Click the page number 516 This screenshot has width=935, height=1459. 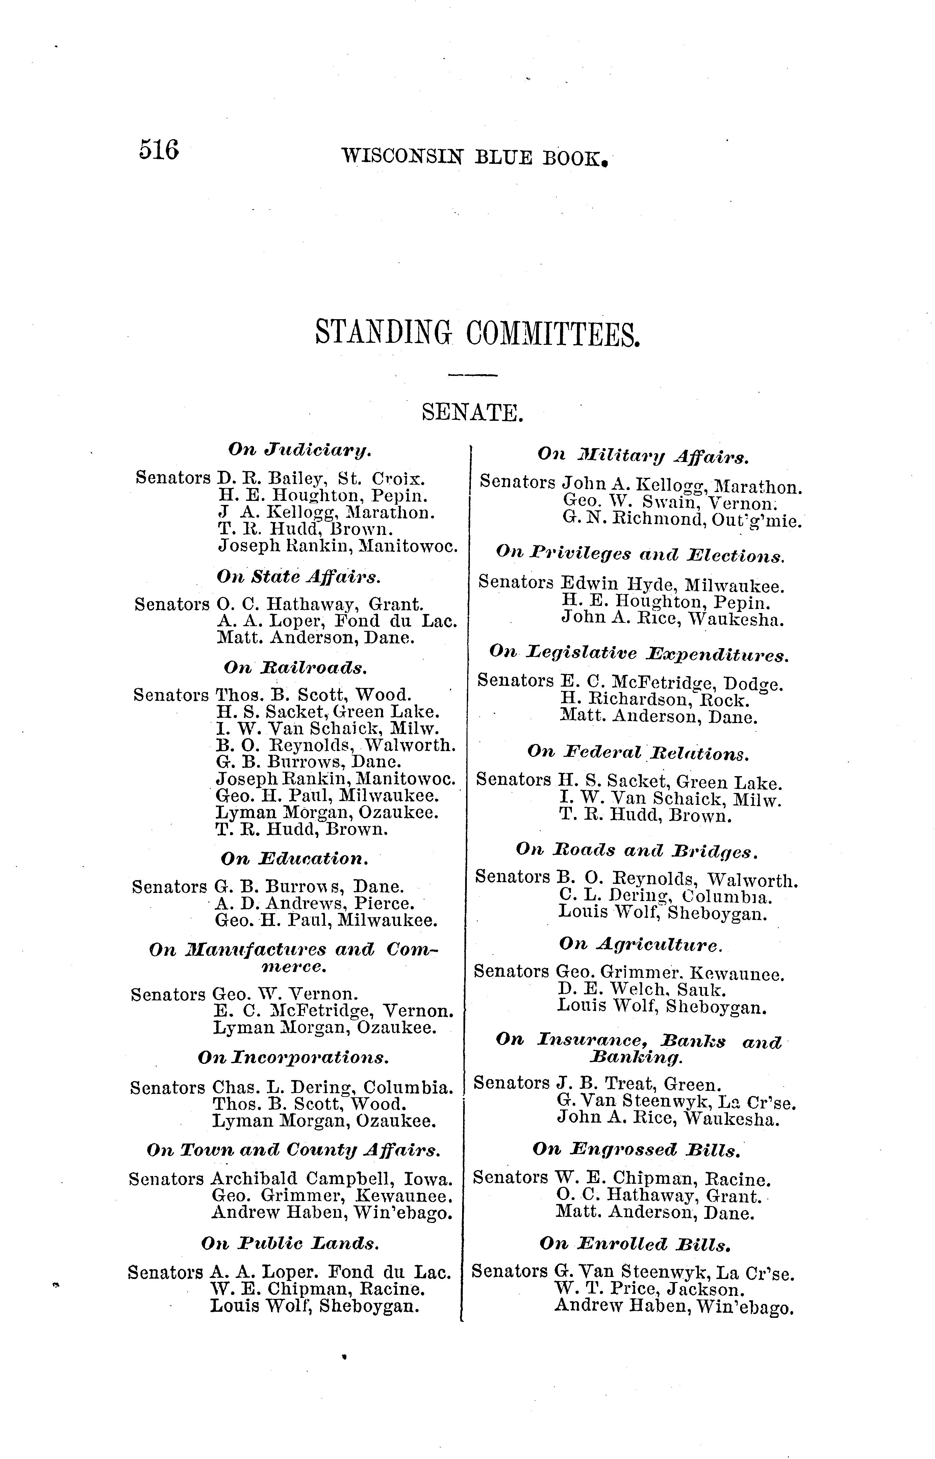[x=159, y=149]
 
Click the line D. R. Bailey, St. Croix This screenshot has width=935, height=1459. [x=322, y=478]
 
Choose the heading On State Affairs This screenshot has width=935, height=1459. [x=299, y=576]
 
